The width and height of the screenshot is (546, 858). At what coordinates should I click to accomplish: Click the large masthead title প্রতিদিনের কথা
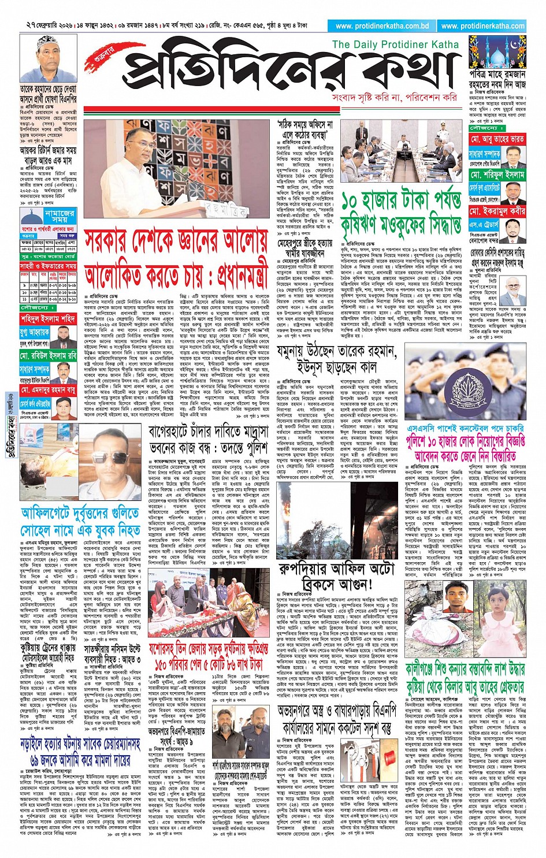pos(289,72)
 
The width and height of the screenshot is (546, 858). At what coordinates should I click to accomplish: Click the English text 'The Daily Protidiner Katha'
pos(395,44)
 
